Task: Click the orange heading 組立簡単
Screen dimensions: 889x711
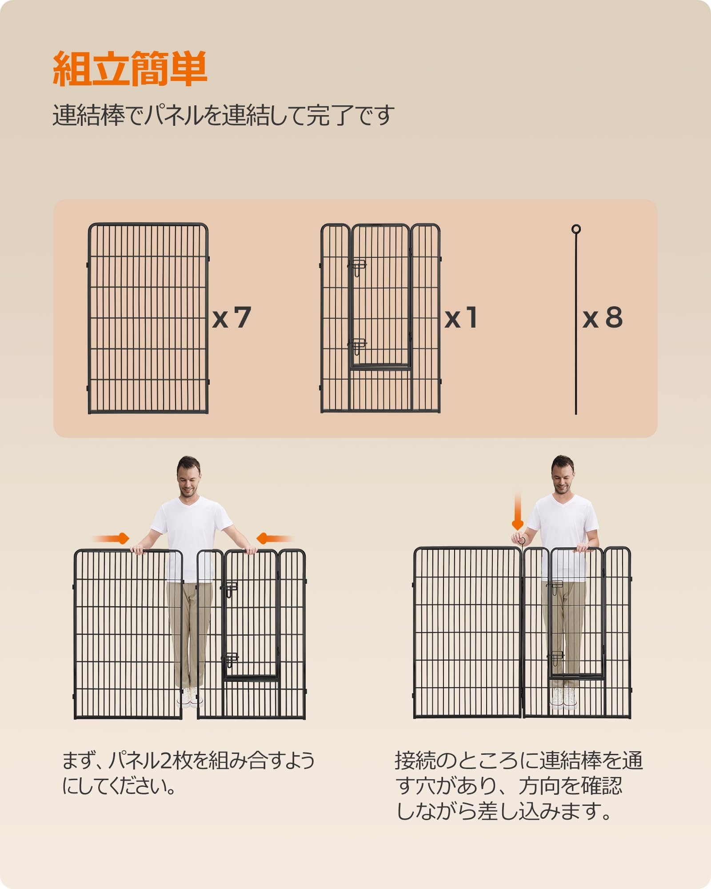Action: [130, 69]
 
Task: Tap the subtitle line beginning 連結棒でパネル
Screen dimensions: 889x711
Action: [224, 115]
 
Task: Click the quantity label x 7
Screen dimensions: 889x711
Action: [232, 317]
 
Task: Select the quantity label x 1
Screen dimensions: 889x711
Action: [461, 318]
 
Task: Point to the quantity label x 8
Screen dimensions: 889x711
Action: [602, 317]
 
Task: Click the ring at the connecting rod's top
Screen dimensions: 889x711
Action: [576, 229]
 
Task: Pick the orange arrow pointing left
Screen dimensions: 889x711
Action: [274, 539]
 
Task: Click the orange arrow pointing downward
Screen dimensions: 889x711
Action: [518, 511]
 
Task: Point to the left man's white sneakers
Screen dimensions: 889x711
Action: [190, 698]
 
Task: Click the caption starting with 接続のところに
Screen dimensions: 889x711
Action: [519, 786]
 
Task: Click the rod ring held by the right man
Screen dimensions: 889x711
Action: [522, 541]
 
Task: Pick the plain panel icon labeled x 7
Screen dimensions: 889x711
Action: [148, 318]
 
